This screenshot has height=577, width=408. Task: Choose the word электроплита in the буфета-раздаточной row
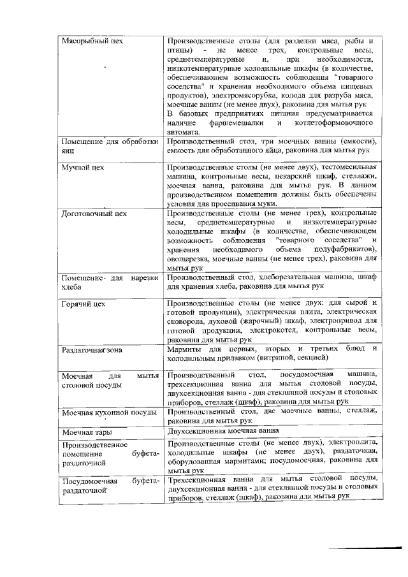click(x=355, y=442)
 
